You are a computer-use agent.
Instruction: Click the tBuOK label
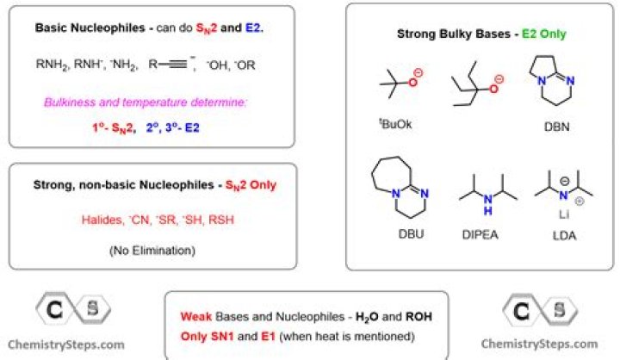point(396,125)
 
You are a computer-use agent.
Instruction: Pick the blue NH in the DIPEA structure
point(487,208)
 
